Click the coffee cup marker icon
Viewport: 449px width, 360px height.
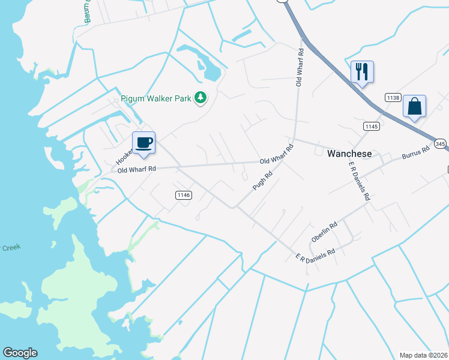click(x=143, y=143)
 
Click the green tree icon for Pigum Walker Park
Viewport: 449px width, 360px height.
click(x=201, y=98)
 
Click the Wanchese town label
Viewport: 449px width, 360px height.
click(x=349, y=154)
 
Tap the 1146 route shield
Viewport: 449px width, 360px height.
click(x=184, y=195)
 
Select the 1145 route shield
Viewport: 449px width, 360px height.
click(x=371, y=126)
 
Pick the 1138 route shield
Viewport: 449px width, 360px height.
click(x=393, y=97)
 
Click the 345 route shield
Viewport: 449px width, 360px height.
click(x=441, y=144)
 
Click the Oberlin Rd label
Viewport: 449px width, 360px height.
click(x=324, y=232)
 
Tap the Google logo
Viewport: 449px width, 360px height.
click(x=20, y=353)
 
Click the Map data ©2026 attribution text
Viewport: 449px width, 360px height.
click(x=424, y=355)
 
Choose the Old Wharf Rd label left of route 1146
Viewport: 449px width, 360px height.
click(x=137, y=170)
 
